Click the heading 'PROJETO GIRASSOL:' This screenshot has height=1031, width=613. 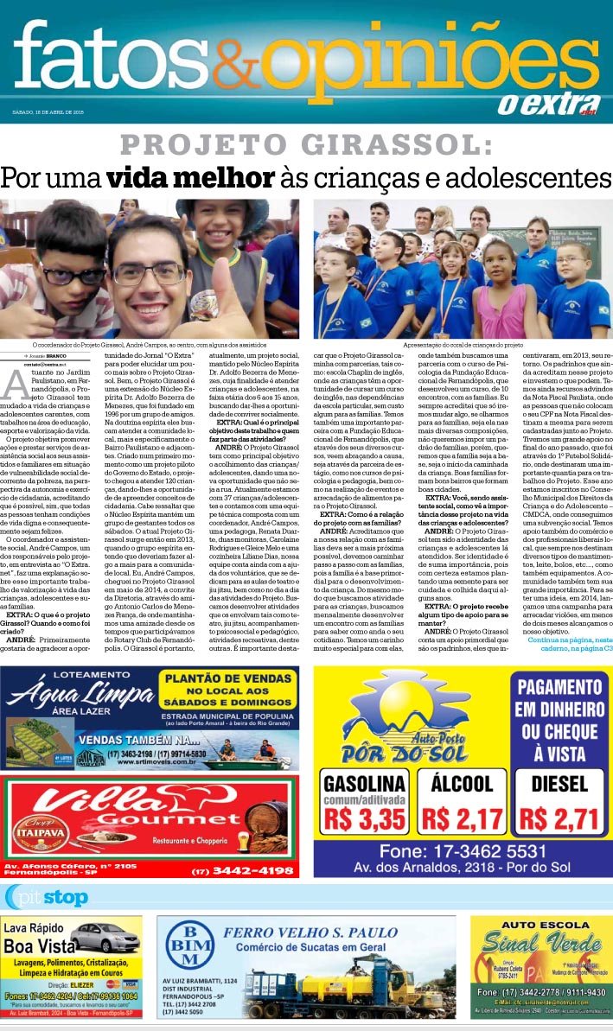(x=307, y=144)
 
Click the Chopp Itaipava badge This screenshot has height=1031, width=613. (x=35, y=816)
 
